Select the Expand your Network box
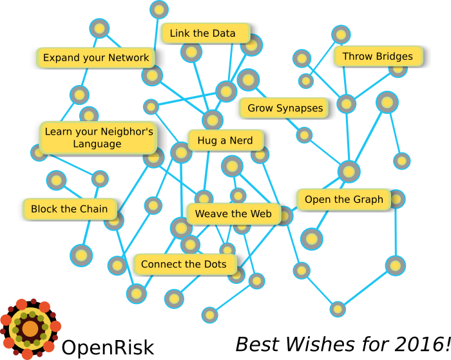pos(95,57)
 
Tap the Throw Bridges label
pos(378,56)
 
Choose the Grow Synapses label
pos(284,108)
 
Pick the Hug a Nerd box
pos(225,140)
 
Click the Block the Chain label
pos(70,209)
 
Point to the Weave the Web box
pos(233,214)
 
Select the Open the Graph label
pos(343,200)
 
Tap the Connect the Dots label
pos(185,264)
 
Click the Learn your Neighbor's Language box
pos(98,138)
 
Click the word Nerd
pos(241,140)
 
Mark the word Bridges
pos(395,56)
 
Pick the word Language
pos(97,144)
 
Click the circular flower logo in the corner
pos(30,328)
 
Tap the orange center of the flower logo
pos(30,329)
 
